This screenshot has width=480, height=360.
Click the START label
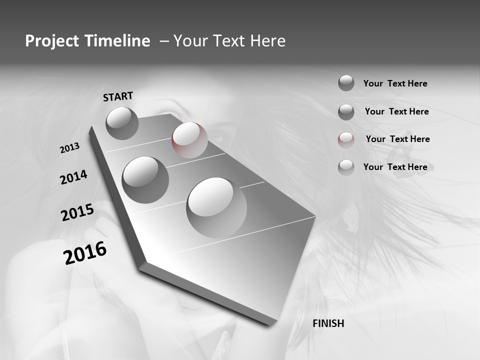[x=118, y=96]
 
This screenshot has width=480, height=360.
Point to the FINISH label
[x=328, y=323]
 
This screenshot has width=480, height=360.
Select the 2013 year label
[x=69, y=148]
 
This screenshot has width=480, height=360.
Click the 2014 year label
[x=73, y=177]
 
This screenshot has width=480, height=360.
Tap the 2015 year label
[x=77, y=212]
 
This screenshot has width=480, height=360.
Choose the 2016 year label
[x=85, y=252]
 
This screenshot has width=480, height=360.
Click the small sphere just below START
[x=122, y=123]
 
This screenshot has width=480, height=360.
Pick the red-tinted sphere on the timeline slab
[x=189, y=140]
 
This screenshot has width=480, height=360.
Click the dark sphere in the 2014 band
[x=145, y=179]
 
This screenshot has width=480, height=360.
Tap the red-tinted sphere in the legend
[x=346, y=139]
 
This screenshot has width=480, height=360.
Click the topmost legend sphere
[x=346, y=83]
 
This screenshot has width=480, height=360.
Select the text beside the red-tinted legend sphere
[x=397, y=139]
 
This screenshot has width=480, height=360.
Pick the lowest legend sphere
[x=346, y=167]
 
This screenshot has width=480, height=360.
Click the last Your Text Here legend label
[x=395, y=167]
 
